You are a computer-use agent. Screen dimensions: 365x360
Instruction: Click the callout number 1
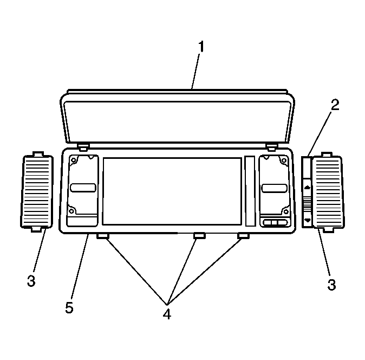click(x=201, y=47)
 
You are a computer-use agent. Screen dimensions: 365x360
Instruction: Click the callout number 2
click(x=335, y=105)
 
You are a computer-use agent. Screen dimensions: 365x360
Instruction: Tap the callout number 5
click(x=69, y=307)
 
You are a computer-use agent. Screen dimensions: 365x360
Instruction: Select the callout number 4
click(x=167, y=314)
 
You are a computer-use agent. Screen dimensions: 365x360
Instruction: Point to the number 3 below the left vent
click(x=31, y=281)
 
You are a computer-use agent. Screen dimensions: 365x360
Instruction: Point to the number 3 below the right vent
click(x=332, y=285)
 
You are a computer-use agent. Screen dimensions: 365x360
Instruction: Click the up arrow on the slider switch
click(x=307, y=188)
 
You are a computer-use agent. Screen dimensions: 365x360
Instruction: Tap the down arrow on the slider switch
click(x=308, y=220)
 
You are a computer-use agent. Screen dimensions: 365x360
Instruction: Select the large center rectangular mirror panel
click(x=172, y=191)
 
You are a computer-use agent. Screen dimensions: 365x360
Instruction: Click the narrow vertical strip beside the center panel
click(x=250, y=191)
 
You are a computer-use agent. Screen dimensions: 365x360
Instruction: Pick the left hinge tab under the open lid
click(x=83, y=147)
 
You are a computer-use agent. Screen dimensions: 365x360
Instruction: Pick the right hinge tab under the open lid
click(x=272, y=147)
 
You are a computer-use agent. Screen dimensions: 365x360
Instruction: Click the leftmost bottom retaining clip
click(x=103, y=236)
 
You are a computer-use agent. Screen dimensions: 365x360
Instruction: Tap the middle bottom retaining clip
click(x=199, y=236)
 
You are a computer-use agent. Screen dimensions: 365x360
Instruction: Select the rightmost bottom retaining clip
click(x=243, y=236)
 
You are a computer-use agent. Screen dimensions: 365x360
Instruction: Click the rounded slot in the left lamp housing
click(x=83, y=188)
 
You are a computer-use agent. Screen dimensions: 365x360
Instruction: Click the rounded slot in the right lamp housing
click(x=275, y=188)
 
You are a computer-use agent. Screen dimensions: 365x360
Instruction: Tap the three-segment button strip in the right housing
click(x=275, y=222)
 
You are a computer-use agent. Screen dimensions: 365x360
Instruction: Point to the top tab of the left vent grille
click(x=38, y=155)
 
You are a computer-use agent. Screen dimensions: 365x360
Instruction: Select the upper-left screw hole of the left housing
click(x=73, y=160)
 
